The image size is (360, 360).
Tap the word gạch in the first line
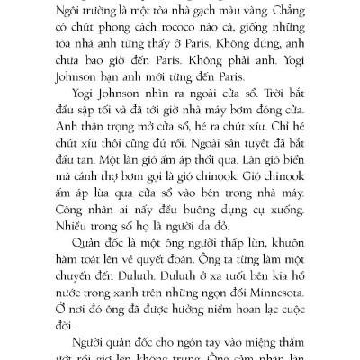click(x=188, y=13)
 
